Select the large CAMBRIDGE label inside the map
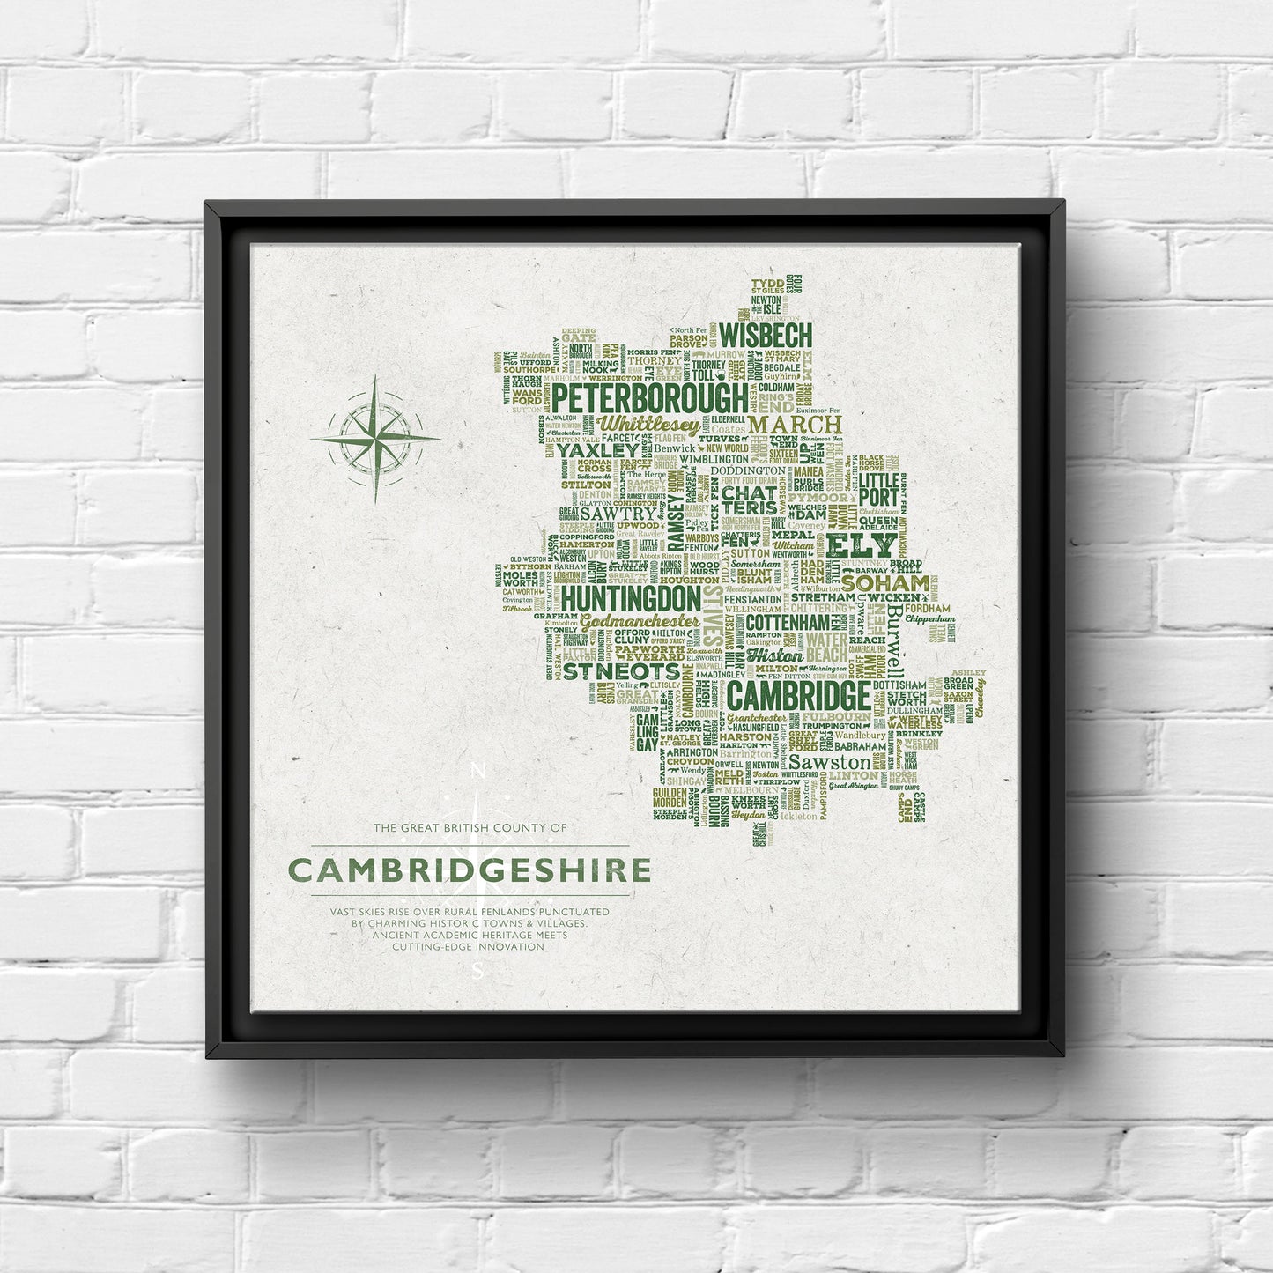click(x=799, y=697)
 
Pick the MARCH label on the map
click(x=795, y=426)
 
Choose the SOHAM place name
click(x=885, y=582)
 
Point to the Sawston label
click(x=828, y=762)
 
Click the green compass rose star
click(x=375, y=437)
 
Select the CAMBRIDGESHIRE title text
click(x=470, y=870)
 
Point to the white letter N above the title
click(x=478, y=772)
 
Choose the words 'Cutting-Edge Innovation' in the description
click(x=468, y=946)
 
